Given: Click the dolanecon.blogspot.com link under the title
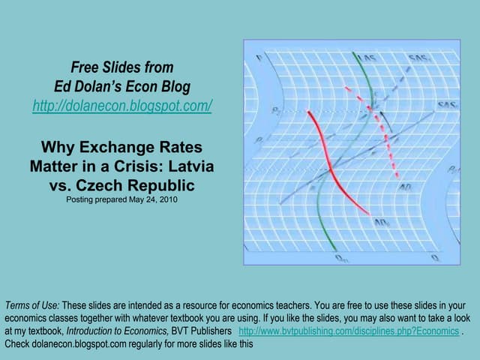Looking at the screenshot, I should [x=122, y=106].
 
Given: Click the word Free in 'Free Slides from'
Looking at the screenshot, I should [x=85, y=67].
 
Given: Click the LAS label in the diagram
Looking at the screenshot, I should [x=367, y=58].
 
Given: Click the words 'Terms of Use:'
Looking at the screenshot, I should [x=31, y=305].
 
